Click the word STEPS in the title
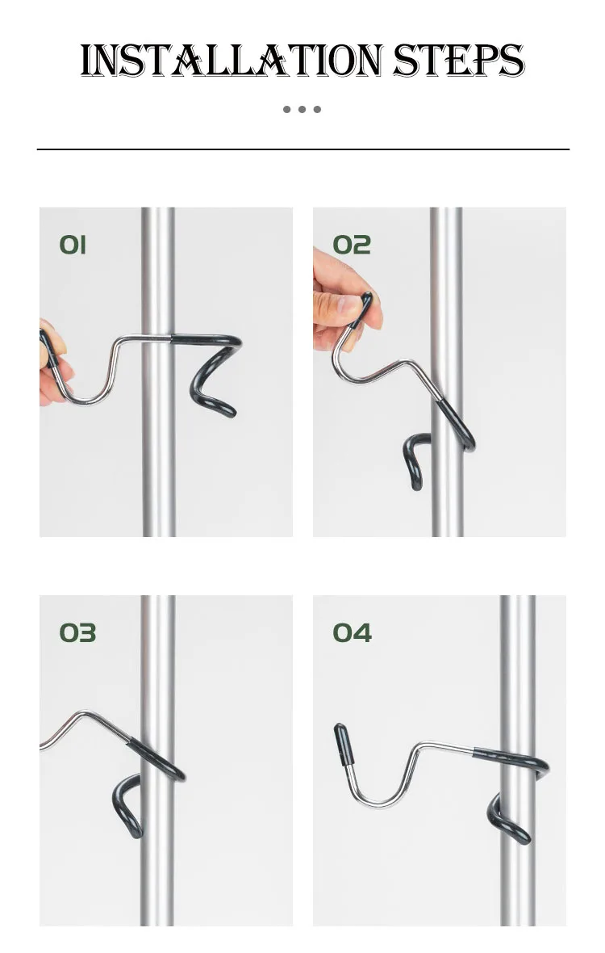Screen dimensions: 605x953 click(x=458, y=61)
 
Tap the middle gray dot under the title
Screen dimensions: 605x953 click(x=302, y=109)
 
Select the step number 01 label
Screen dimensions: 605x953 click(x=73, y=245)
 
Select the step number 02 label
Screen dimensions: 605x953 click(x=352, y=245)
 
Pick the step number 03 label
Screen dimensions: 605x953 click(x=77, y=632)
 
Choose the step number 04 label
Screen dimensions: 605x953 click(x=352, y=632)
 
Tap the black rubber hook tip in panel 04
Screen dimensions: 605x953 click(x=344, y=744)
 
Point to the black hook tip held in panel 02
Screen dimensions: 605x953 click(x=363, y=309)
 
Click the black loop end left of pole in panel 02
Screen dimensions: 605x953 click(x=415, y=460)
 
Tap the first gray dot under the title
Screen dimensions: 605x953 click(x=287, y=109)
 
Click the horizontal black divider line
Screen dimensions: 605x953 click(x=302, y=149)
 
